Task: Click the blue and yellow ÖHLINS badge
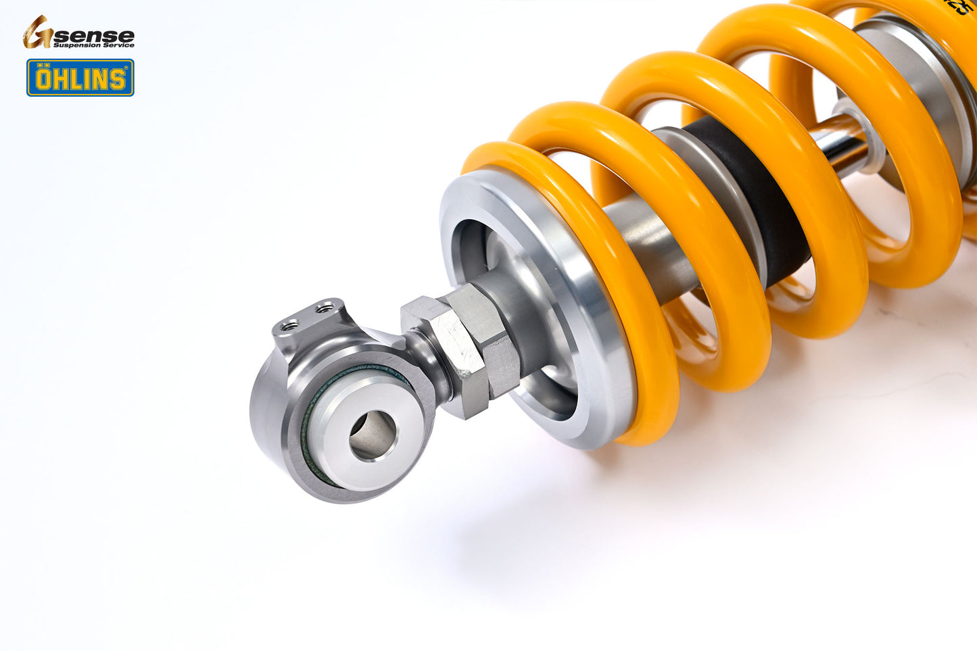[80, 78]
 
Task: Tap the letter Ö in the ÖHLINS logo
[44, 78]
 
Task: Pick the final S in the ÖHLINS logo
[118, 79]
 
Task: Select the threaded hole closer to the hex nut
[325, 308]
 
